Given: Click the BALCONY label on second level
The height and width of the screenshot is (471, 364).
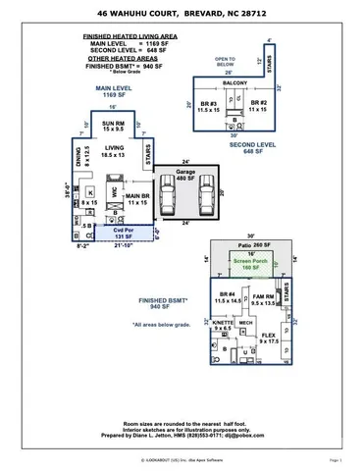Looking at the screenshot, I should coord(234,83).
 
